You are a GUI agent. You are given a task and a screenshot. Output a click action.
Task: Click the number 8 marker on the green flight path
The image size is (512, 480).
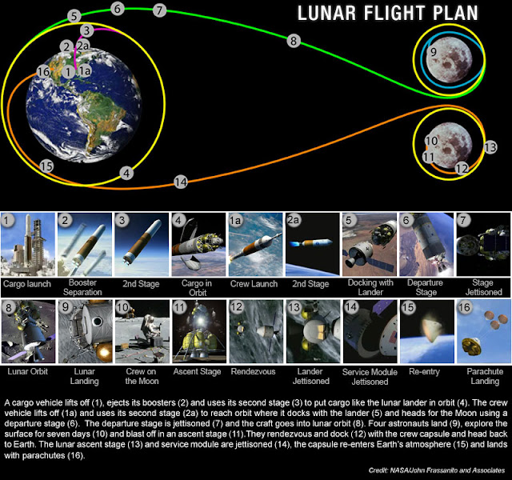[294, 41]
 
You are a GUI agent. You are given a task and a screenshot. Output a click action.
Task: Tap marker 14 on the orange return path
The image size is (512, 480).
[181, 182]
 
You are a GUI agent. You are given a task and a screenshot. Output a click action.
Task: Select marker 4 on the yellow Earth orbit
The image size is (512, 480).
[126, 173]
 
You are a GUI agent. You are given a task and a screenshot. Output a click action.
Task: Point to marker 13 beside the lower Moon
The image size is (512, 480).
[490, 147]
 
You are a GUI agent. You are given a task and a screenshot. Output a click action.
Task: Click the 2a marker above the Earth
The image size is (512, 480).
[83, 46]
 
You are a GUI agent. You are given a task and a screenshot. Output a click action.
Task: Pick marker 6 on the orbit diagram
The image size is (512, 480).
[118, 9]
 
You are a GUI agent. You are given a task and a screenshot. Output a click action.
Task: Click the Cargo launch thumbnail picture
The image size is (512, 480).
[28, 245]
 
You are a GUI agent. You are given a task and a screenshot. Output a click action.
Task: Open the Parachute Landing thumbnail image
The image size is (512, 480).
[483, 331]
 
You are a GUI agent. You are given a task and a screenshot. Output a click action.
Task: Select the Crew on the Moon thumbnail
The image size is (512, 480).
[142, 331]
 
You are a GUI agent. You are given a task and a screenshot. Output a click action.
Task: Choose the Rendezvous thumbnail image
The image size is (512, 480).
[256, 331]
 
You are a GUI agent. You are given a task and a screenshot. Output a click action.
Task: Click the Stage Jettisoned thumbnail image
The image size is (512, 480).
[483, 245]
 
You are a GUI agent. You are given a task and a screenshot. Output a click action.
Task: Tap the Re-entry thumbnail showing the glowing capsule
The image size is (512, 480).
[426, 331]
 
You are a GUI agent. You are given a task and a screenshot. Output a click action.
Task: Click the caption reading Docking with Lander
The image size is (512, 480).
[370, 287]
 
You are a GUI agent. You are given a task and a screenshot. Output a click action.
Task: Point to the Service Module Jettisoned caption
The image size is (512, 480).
[370, 377]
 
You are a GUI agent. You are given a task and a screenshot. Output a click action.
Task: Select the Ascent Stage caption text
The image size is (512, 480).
[197, 371]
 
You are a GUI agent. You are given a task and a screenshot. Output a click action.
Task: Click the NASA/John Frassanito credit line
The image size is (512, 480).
[437, 470]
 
